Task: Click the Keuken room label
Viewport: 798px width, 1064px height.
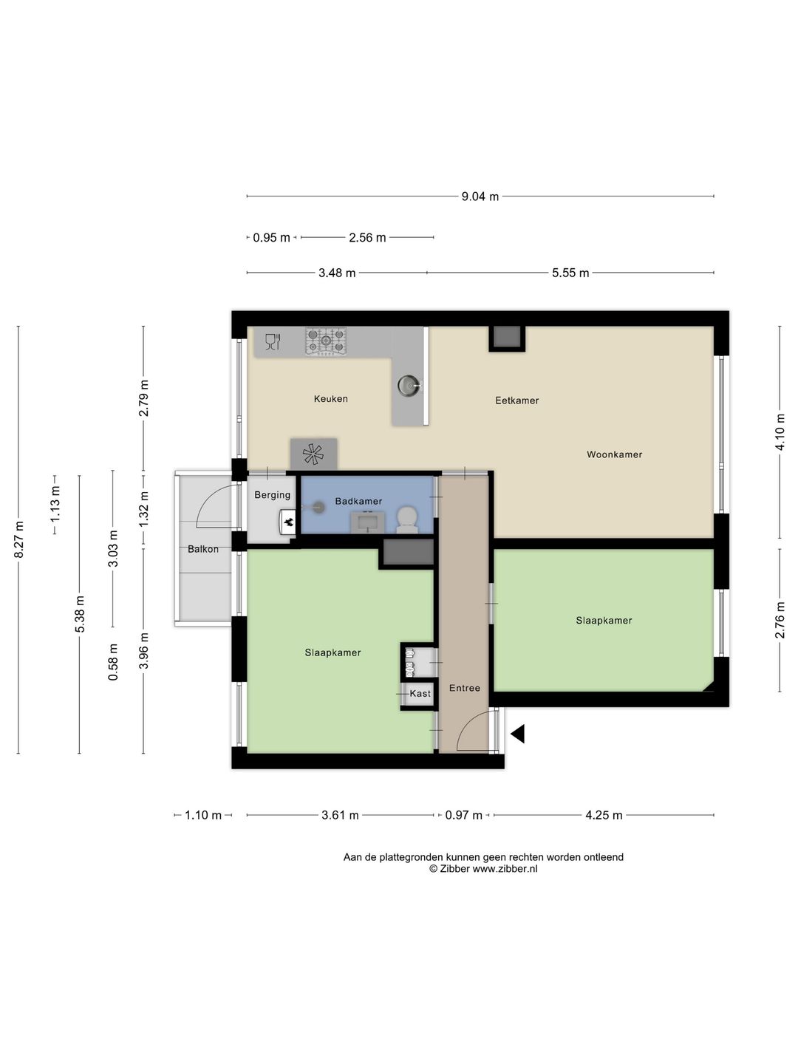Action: point(330,399)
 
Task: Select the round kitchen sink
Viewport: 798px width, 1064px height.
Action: point(409,386)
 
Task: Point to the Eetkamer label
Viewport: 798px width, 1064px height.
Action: point(516,400)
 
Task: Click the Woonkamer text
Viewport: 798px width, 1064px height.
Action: point(614,454)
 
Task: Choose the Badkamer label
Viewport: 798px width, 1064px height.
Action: point(358,501)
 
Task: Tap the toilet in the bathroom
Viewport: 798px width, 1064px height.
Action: point(407,519)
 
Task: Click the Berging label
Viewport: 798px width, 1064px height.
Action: point(272,495)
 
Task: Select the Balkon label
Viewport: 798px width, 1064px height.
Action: point(203,549)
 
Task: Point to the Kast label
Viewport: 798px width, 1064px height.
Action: point(420,694)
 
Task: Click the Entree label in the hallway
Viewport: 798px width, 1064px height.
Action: point(464,688)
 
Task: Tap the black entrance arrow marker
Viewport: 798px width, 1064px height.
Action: point(517,734)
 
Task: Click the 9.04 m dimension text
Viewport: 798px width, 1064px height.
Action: point(480,197)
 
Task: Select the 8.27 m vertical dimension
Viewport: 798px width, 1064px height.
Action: point(18,539)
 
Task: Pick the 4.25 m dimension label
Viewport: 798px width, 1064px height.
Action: point(603,815)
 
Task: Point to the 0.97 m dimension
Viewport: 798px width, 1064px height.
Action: point(464,815)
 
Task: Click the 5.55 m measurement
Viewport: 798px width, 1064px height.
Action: point(570,273)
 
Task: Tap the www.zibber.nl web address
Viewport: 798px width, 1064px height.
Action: point(505,869)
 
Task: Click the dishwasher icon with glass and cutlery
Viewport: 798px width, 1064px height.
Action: point(273,342)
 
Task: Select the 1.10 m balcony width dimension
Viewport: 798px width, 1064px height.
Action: point(203,815)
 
